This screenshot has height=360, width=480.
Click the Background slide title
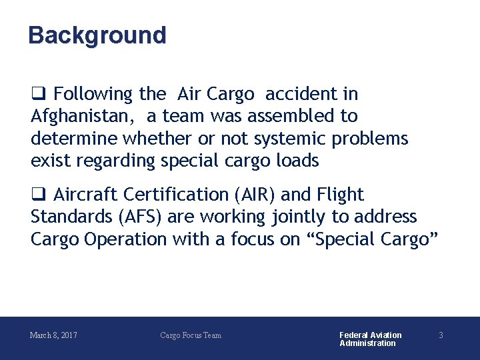click(x=97, y=35)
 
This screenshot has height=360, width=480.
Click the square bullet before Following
click(x=37, y=94)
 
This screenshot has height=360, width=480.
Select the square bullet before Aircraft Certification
click(x=37, y=195)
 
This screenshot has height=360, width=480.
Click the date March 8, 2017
click(x=53, y=335)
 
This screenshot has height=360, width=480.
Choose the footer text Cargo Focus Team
click(x=191, y=335)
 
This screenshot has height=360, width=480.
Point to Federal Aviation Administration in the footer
click(x=370, y=339)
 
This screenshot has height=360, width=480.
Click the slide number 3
click(x=441, y=335)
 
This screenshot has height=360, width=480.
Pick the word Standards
click(x=64, y=217)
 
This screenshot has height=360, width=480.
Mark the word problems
click(x=375, y=138)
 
